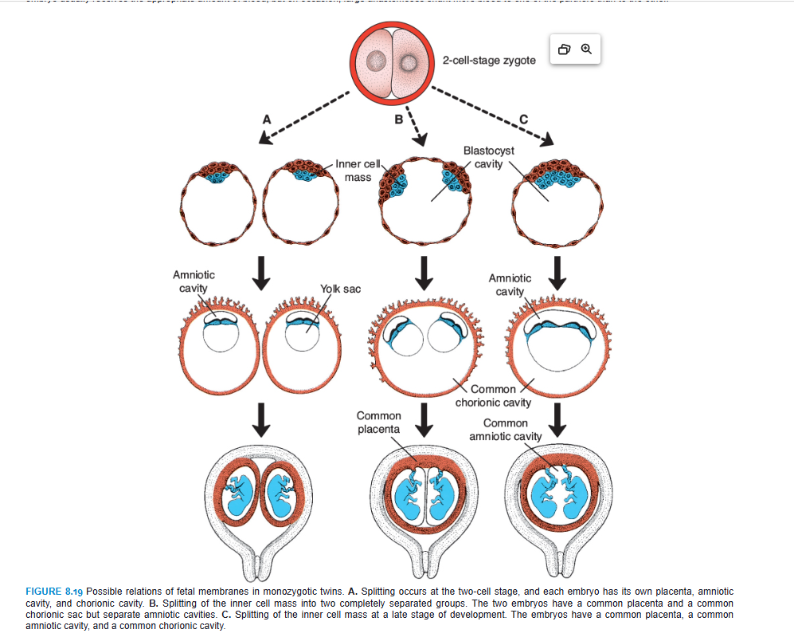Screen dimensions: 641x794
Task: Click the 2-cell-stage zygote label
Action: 488,61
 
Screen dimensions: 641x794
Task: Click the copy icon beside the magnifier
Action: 565,49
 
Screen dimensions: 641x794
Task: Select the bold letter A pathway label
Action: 267,119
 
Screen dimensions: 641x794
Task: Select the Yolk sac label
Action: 340,289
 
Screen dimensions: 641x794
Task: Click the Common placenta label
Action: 378,422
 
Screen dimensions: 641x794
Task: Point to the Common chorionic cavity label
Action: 493,395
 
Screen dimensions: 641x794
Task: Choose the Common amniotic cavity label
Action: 505,429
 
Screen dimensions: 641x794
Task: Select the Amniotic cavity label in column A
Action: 194,281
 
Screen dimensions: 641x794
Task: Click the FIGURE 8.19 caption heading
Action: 54,591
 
